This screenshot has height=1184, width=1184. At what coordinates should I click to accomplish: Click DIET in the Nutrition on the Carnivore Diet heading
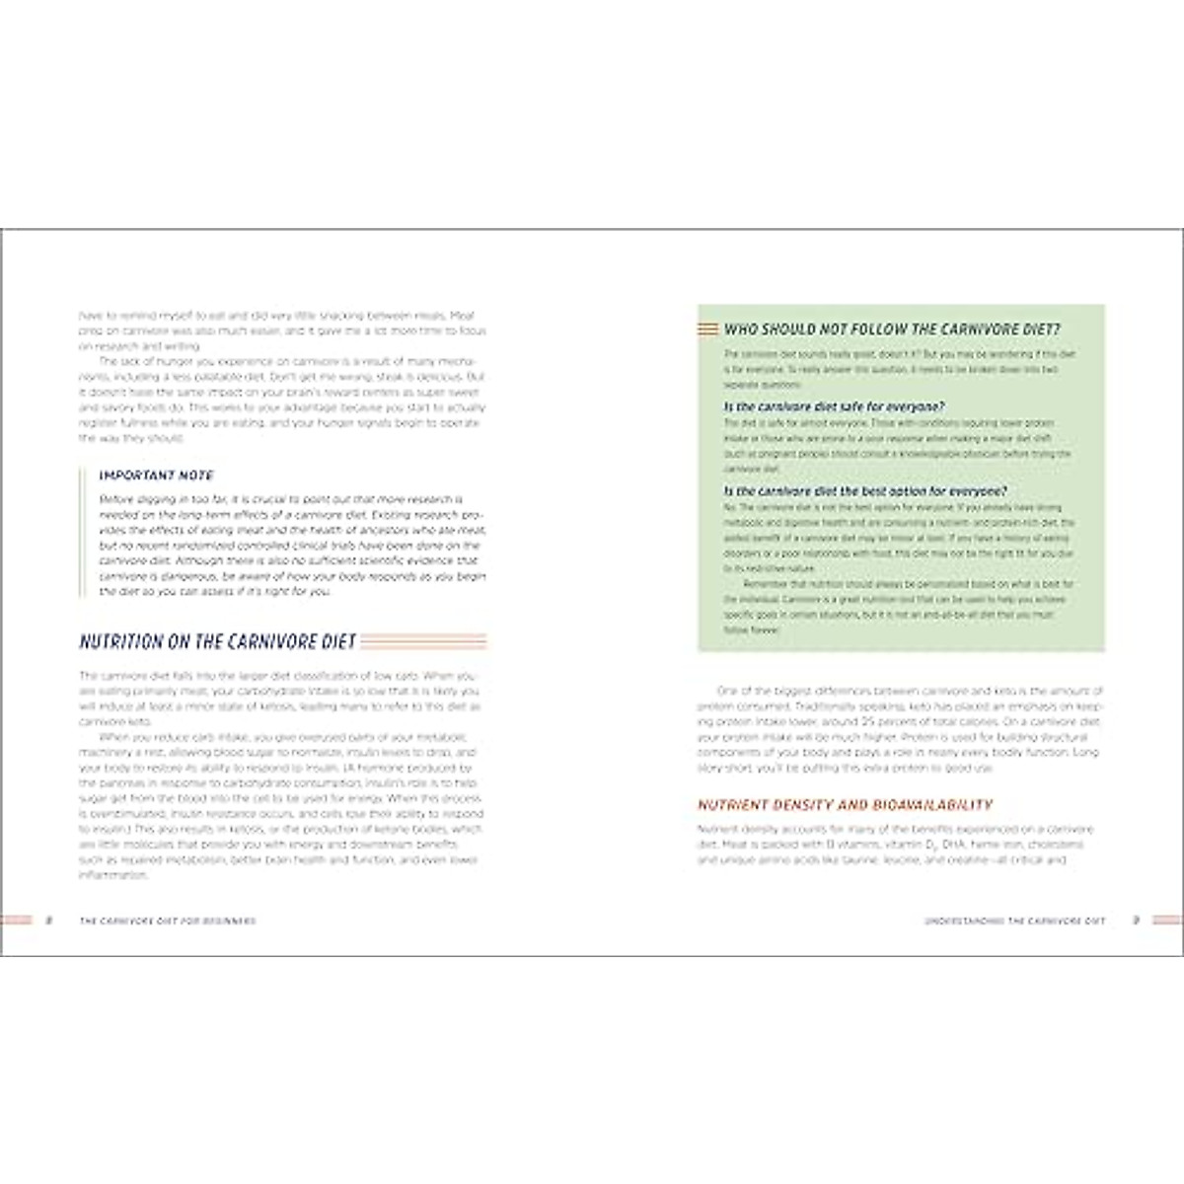pyautogui.click(x=338, y=642)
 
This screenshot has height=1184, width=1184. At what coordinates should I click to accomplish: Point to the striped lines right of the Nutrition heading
pyautogui.click(x=424, y=642)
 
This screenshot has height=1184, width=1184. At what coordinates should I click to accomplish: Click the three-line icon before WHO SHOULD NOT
pyautogui.click(x=707, y=330)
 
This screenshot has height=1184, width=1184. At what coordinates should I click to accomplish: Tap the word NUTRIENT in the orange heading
pyautogui.click(x=734, y=805)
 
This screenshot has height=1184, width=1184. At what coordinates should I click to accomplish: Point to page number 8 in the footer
pyautogui.click(x=48, y=921)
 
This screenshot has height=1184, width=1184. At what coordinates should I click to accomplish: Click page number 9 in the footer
pyautogui.click(x=1136, y=921)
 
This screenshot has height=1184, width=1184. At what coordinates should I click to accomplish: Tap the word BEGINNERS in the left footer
pyautogui.click(x=228, y=922)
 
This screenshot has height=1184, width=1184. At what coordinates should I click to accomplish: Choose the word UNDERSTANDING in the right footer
pyautogui.click(x=963, y=922)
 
